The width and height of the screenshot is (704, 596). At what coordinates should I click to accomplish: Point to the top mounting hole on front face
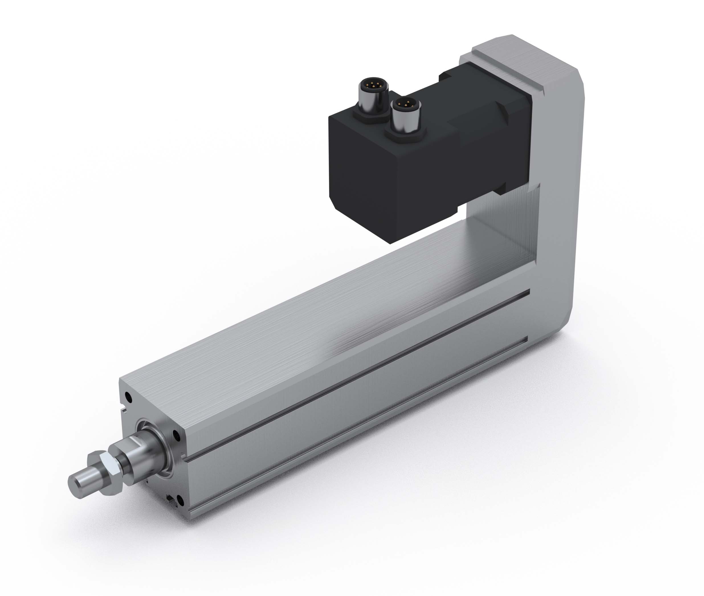[x=128, y=395]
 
